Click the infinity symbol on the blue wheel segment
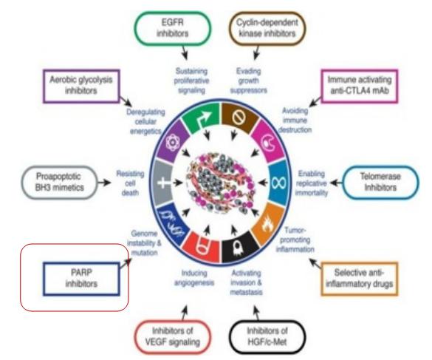[279, 183]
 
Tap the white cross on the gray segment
[163, 183]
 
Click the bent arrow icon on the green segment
[204, 118]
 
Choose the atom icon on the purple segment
[173, 143]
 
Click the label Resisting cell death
[130, 183]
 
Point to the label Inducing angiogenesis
[194, 278]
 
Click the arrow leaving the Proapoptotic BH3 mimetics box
[104, 183]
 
